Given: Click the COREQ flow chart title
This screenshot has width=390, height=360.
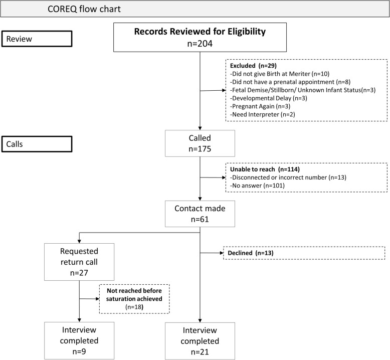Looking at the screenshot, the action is (84, 9).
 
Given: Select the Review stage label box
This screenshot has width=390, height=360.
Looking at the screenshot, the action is (37, 39).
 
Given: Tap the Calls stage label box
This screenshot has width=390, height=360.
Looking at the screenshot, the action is (37, 144).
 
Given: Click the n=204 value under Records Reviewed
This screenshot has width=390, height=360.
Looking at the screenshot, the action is (200, 44).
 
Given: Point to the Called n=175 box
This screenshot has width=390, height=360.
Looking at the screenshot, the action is (200, 143).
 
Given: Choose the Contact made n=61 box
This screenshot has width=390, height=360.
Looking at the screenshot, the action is (200, 214).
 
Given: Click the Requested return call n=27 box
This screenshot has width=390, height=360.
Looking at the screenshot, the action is (79, 262).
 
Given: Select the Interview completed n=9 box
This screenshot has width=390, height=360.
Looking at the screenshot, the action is (79, 340).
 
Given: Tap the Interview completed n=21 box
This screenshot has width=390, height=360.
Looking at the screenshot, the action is (200, 341).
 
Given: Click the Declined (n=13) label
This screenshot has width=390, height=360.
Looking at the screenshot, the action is (251, 253).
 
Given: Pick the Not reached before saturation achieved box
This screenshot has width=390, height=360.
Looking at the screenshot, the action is (134, 299).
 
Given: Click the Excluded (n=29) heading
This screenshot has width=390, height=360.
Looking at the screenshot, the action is (253, 66).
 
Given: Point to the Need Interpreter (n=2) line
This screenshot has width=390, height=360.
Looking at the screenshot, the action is (262, 114).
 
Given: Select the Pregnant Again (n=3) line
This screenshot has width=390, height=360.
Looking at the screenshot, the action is (260, 106).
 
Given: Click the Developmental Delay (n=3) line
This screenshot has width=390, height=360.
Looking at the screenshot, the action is (269, 98).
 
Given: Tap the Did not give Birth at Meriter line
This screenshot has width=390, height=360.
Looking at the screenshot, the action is (280, 74).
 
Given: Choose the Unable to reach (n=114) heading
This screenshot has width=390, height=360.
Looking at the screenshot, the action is (265, 169).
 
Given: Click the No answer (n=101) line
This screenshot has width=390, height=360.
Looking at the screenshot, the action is (257, 186).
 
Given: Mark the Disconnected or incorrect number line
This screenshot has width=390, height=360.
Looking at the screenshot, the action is (288, 177).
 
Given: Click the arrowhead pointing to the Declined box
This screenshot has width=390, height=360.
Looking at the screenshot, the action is (222, 253).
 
